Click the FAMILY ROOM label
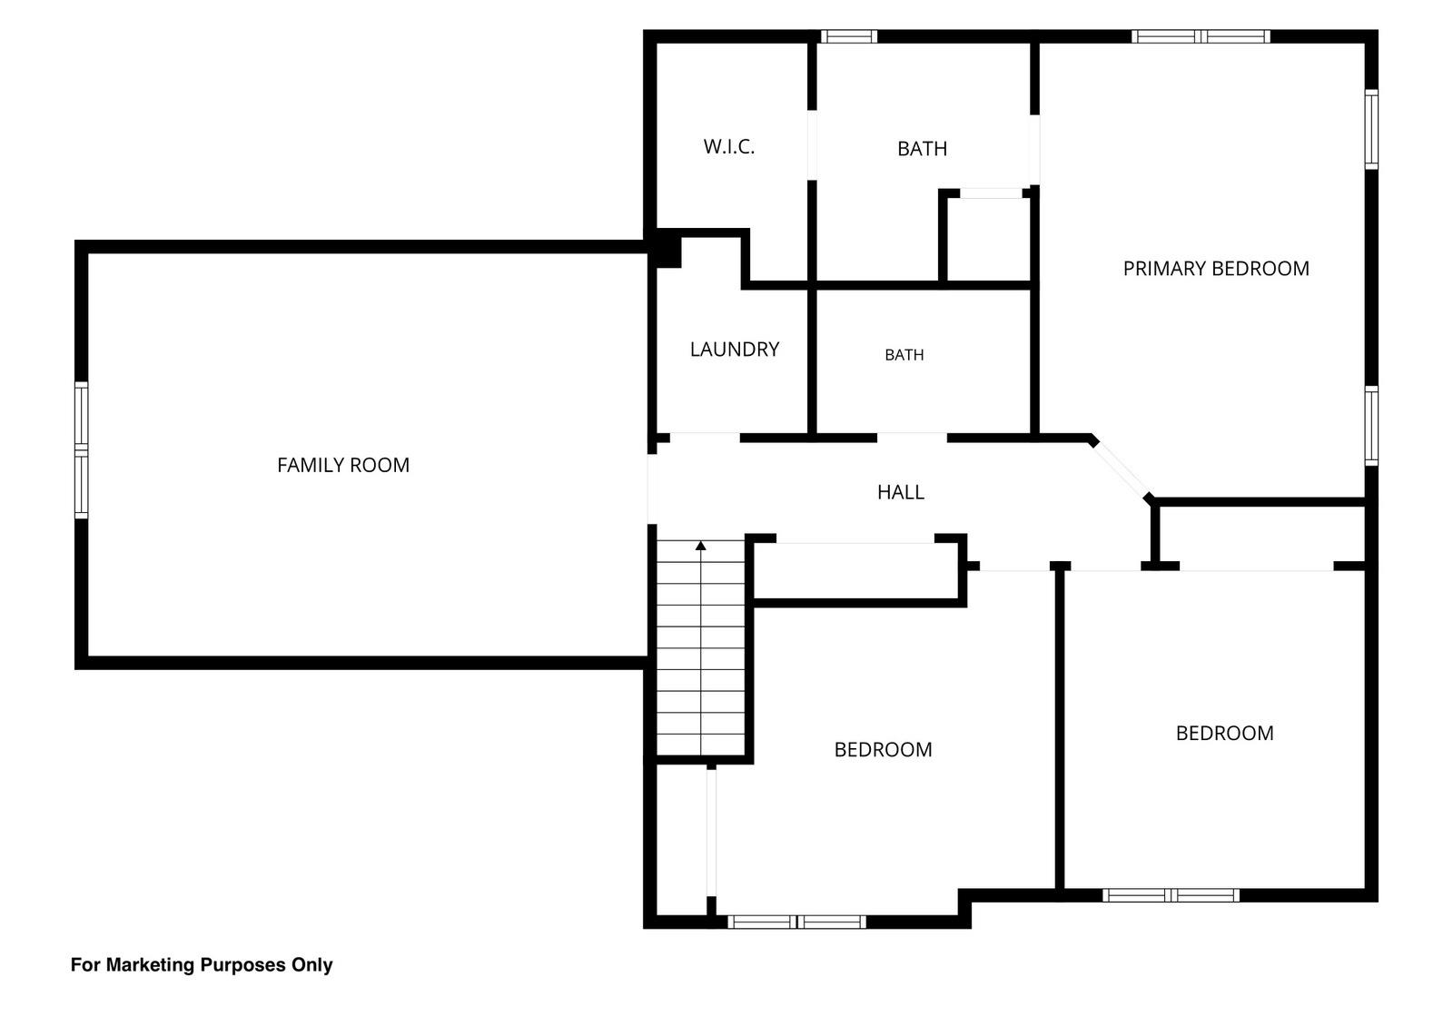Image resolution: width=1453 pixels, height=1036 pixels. (343, 465)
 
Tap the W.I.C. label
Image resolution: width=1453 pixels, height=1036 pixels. (729, 146)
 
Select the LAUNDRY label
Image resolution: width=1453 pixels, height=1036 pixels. (735, 350)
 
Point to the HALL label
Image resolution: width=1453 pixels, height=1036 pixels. (900, 492)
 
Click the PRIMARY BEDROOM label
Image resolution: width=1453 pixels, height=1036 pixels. (1216, 269)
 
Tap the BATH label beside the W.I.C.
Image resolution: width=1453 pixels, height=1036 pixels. (922, 149)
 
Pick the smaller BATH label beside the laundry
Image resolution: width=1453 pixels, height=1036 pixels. (904, 355)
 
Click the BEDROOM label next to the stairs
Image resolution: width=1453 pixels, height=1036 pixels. (883, 750)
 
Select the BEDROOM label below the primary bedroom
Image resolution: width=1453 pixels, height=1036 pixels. (1225, 733)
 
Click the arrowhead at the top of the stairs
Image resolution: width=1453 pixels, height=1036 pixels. (700, 546)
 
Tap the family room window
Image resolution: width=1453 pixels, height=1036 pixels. (81, 450)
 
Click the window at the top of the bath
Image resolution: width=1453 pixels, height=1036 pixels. (849, 36)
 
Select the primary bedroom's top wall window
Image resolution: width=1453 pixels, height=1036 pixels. (1201, 36)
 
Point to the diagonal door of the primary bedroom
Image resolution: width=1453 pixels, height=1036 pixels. (1122, 470)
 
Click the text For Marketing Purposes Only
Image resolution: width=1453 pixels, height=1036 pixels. (202, 964)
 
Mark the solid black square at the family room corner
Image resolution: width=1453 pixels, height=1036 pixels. (667, 251)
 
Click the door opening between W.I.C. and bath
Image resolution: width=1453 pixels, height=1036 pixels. (812, 145)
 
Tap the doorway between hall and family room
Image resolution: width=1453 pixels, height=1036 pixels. (652, 488)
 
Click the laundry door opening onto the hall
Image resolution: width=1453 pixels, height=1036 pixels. (705, 438)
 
